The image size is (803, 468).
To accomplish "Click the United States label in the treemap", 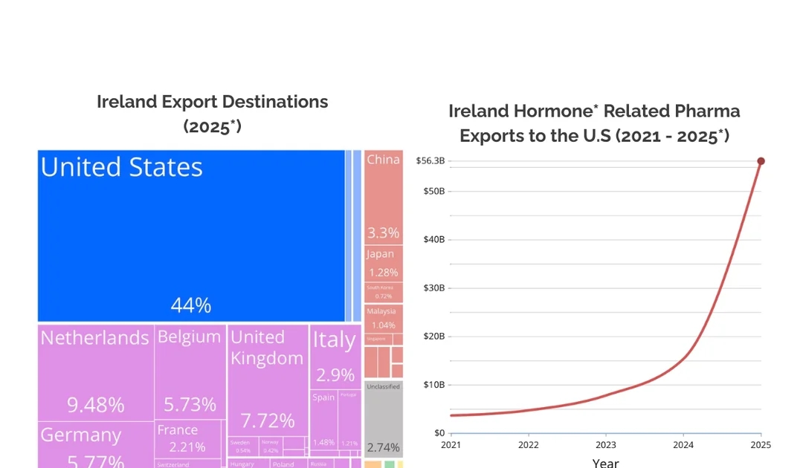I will tap(121, 168).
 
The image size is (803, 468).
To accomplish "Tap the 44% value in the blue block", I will tap(191, 305).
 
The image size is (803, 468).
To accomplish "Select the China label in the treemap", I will tap(383, 160).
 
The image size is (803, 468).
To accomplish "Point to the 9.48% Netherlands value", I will tap(96, 405).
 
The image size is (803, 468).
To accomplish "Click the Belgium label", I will tap(189, 337).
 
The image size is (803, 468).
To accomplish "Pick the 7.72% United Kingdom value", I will tap(268, 421).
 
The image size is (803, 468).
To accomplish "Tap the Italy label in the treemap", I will tap(334, 340).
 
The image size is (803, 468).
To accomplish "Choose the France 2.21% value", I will tap(187, 447).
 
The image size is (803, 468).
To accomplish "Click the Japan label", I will tap(380, 254).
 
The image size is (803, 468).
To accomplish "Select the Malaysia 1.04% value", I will tap(383, 325).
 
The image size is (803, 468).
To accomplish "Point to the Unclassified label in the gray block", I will tap(383, 386).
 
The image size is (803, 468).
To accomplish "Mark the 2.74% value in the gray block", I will tap(383, 447).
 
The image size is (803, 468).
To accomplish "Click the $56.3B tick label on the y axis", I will tap(430, 161).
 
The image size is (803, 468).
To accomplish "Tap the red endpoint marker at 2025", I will tap(761, 161).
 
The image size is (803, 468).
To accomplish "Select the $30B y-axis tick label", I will tap(433, 288).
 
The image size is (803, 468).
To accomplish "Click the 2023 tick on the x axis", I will tap(606, 445).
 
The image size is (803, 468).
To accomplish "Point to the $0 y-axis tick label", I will tap(439, 433).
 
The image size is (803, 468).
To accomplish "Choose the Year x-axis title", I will tap(605, 463).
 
